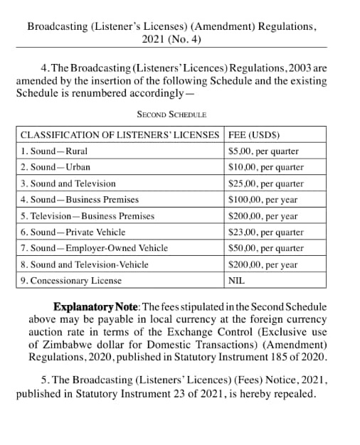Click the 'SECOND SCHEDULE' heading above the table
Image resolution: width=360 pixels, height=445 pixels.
(x=171, y=114)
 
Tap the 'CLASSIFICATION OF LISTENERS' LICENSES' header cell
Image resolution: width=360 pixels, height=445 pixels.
(x=120, y=134)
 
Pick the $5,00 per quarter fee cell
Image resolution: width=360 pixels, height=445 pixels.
(x=263, y=151)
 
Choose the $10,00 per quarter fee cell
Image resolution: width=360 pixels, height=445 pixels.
(x=265, y=167)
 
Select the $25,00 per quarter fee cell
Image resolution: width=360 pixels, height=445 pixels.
(x=265, y=183)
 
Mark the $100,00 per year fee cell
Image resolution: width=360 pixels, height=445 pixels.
(x=263, y=200)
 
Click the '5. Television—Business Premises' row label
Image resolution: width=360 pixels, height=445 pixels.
(x=87, y=216)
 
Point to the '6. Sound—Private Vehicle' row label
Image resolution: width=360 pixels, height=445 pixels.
(x=73, y=232)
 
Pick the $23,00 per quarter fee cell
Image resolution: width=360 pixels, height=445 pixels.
(x=265, y=232)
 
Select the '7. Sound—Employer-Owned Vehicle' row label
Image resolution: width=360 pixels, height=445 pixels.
(x=94, y=248)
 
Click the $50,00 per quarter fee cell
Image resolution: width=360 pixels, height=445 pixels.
(x=265, y=248)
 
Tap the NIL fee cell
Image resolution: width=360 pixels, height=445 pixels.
(x=236, y=281)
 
